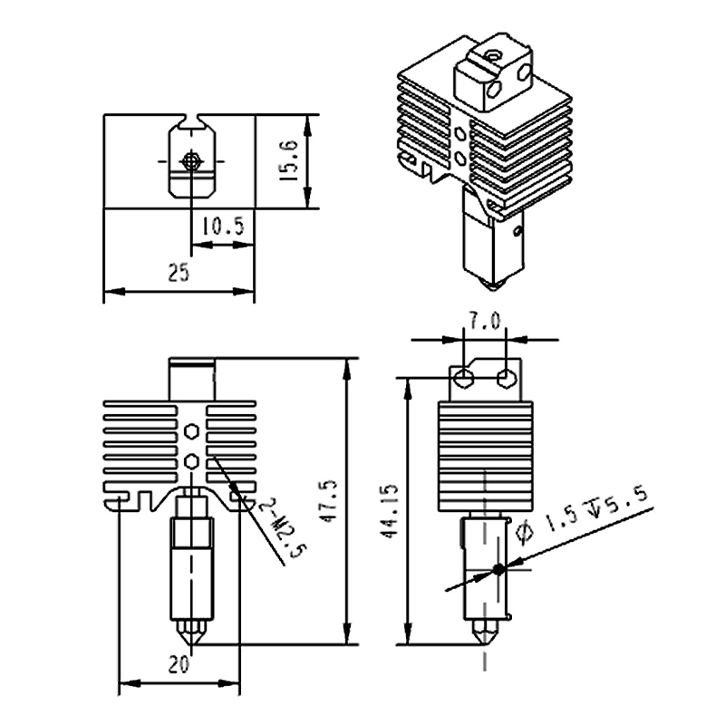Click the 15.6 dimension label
click(289, 160)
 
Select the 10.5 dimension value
click(223, 226)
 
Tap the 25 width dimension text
click(179, 273)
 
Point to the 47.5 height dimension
click(329, 501)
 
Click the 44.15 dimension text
click(388, 512)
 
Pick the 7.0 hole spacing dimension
click(485, 321)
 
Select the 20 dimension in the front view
click(179, 664)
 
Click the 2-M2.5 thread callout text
click(283, 528)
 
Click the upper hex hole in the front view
click(190, 432)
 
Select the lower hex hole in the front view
click(190, 461)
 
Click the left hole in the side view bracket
click(463, 377)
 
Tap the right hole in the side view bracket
click(507, 377)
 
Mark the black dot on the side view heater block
click(498, 570)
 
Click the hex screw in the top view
click(191, 161)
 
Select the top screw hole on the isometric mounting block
click(493, 56)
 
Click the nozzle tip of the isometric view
click(493, 286)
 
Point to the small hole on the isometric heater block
click(517, 230)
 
